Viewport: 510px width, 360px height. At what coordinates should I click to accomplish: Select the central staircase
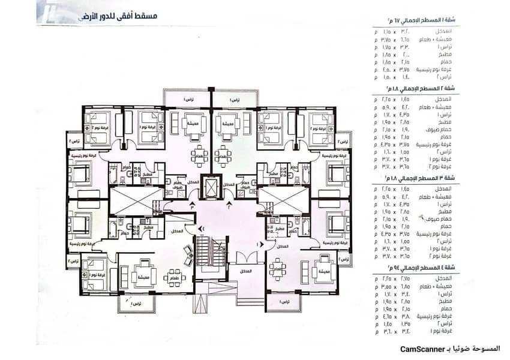[x=203, y=256]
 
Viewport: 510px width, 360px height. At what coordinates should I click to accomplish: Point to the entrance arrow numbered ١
[x=260, y=244]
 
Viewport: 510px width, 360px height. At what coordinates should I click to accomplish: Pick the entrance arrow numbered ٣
[x=192, y=205]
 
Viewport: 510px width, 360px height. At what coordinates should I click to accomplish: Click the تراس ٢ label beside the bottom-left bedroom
[x=73, y=262]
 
